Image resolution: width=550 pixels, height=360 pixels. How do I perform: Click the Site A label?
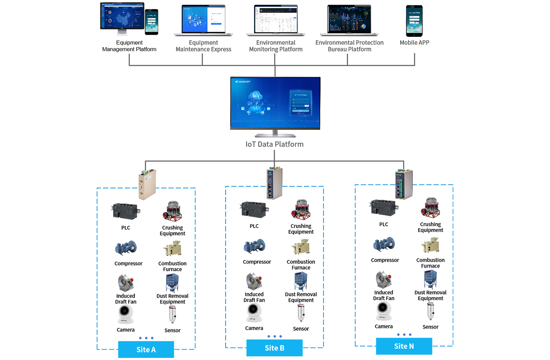click(146, 350)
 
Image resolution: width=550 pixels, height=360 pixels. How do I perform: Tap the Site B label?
click(275, 348)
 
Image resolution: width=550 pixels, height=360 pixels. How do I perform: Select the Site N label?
click(404, 346)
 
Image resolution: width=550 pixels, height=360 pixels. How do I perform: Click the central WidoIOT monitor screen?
click(275, 102)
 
